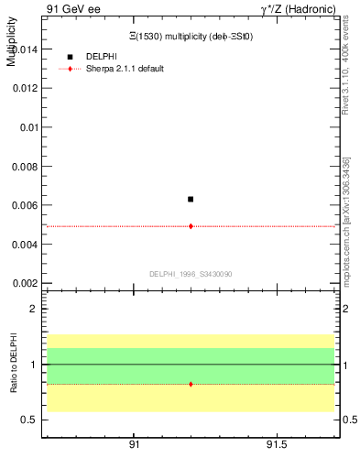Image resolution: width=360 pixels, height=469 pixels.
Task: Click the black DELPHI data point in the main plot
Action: (x=191, y=199)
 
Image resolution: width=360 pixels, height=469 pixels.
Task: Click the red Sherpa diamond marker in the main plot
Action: (x=191, y=225)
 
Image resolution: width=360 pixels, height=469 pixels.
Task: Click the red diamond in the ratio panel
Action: (x=191, y=384)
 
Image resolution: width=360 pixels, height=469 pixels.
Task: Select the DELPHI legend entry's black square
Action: (x=70, y=57)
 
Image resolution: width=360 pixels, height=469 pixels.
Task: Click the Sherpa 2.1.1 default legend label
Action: (x=125, y=69)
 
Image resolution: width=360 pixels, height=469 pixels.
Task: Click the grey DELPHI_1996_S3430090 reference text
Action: (x=190, y=274)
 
